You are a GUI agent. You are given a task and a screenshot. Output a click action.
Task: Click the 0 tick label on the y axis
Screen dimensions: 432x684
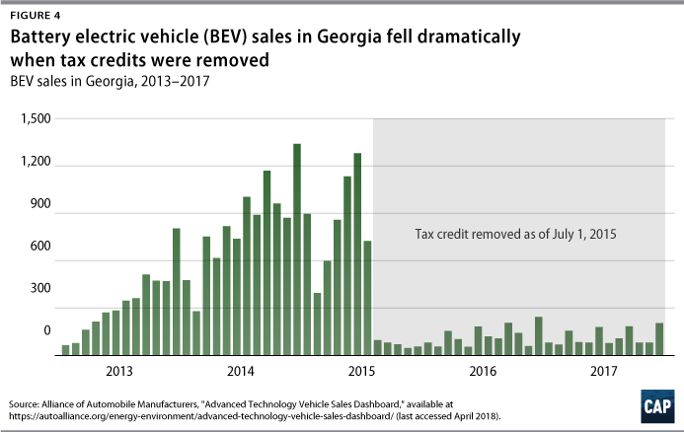pos(47,331)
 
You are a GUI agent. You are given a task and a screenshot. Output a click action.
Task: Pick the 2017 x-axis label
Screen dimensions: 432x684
pos(602,372)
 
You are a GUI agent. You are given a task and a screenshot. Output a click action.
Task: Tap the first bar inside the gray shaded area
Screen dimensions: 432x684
pos(378,346)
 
